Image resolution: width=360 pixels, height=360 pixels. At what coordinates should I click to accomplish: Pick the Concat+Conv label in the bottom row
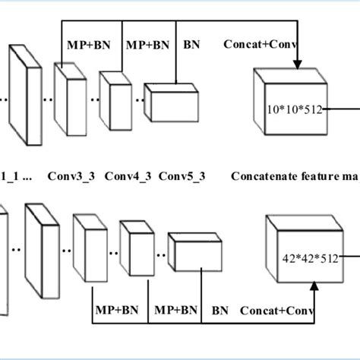coord(276,311)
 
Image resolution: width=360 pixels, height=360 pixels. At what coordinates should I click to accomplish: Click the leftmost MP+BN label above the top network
coord(88,44)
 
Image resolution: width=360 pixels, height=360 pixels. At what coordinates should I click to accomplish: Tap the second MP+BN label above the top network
coord(147,44)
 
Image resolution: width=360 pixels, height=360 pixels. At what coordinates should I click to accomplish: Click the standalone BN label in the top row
coord(193,44)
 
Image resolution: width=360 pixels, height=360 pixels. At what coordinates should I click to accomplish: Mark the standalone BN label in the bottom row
coord(220,311)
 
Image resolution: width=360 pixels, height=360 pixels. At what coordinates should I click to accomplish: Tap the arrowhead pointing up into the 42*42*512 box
coord(314,286)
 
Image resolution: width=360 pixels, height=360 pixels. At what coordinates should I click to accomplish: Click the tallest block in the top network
coord(25,95)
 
